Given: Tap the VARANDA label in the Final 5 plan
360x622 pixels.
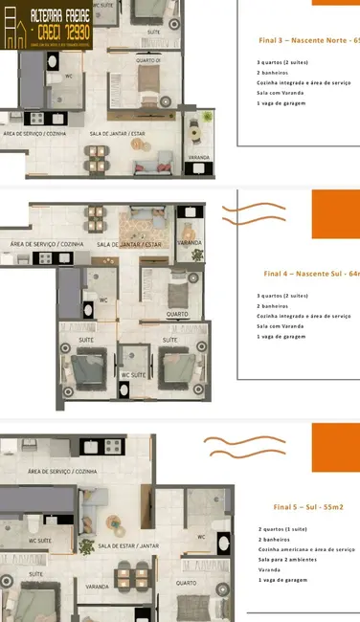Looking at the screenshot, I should (97, 586).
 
